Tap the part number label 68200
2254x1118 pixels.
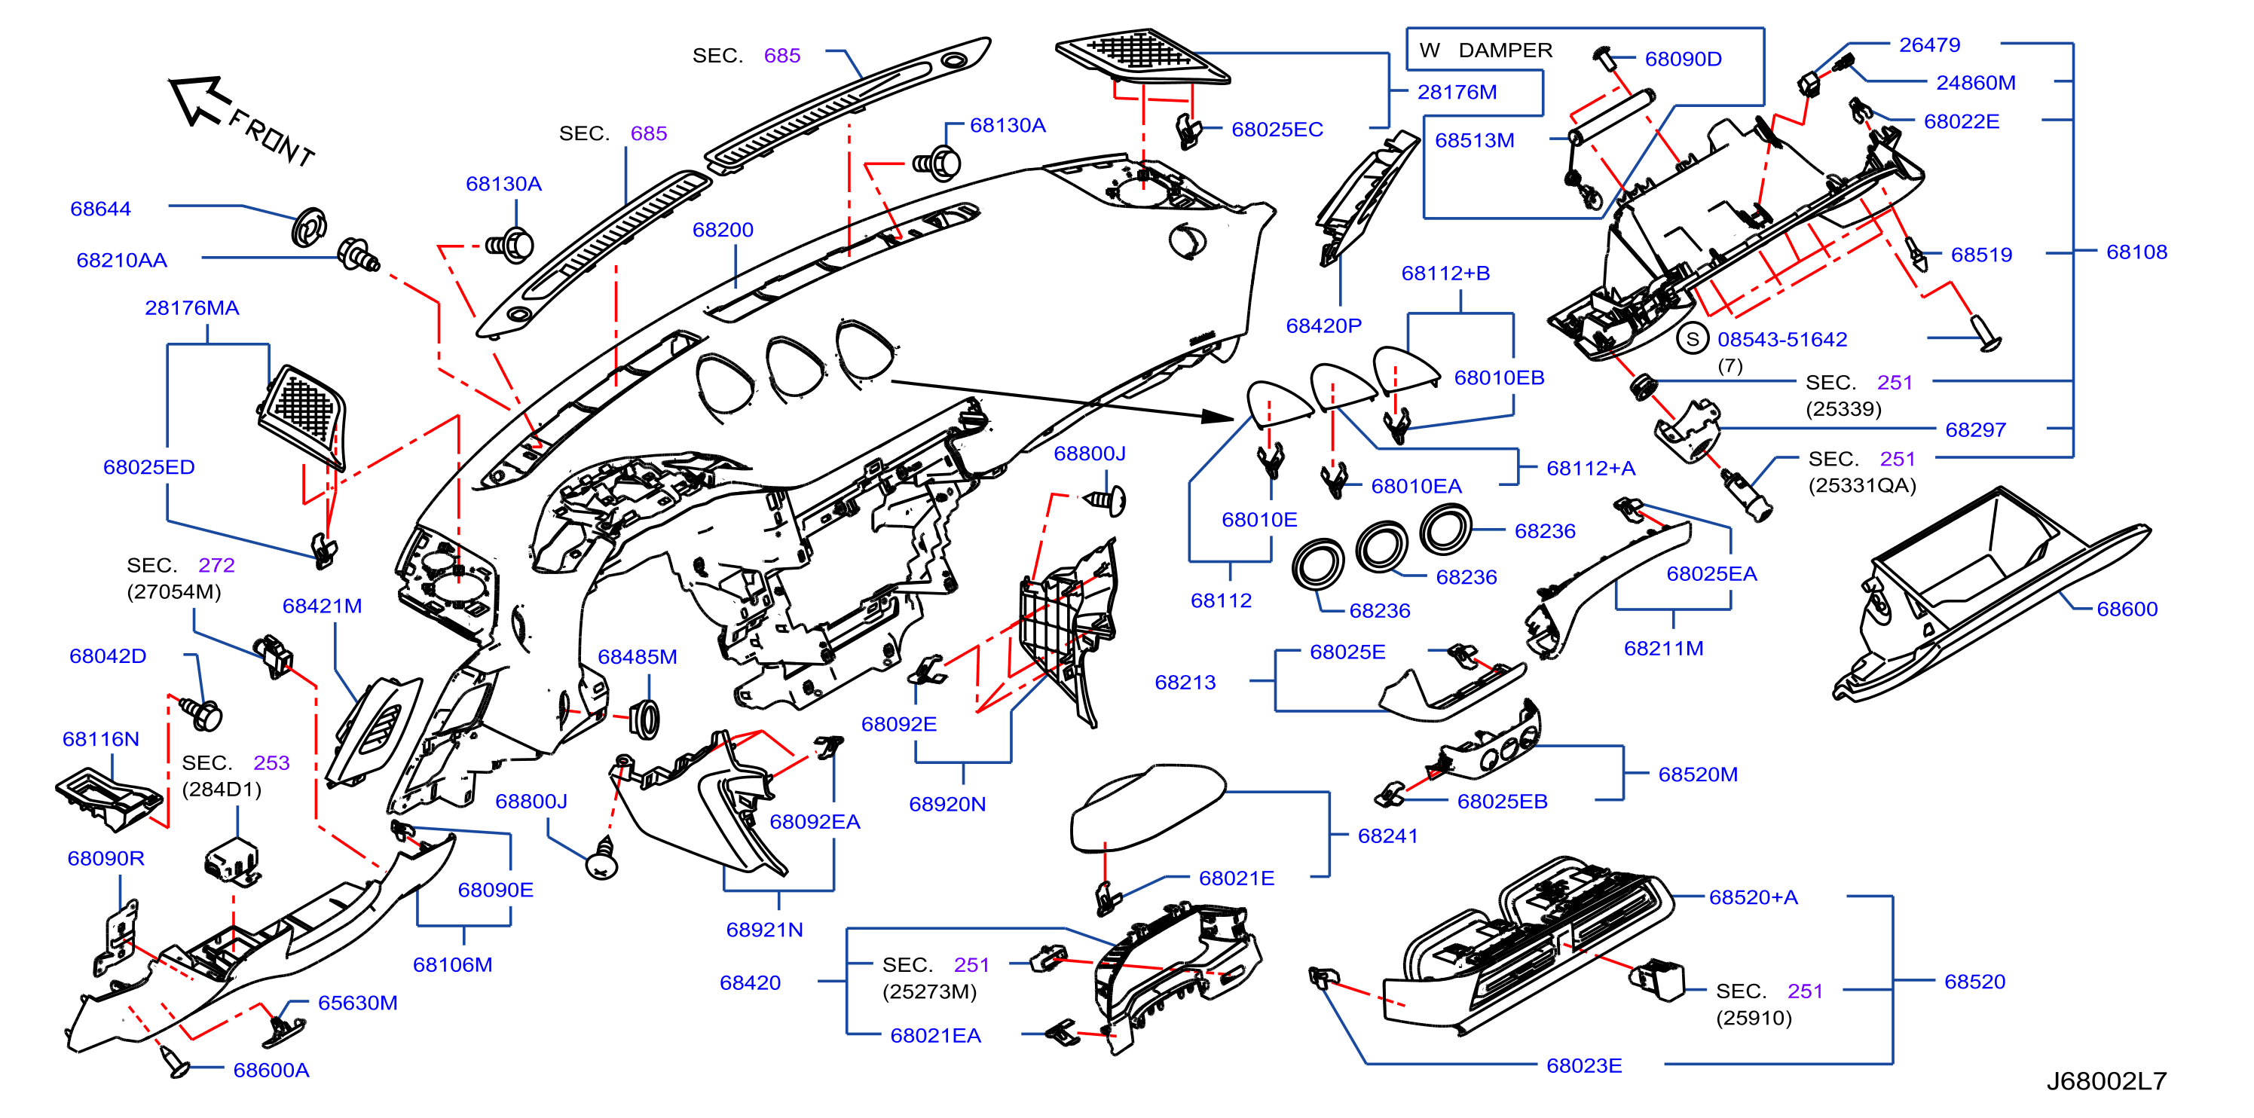[723, 230]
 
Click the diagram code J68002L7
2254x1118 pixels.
[2106, 1081]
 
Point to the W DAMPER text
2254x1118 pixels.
[1486, 50]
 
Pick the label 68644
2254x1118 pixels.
[101, 209]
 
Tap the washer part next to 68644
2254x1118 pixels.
[309, 228]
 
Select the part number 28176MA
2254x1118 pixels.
[191, 308]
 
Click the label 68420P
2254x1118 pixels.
[1324, 325]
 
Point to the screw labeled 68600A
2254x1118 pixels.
[174, 1061]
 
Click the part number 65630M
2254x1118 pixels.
[358, 1003]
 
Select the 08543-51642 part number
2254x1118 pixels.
[1782, 340]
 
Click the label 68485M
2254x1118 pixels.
[637, 657]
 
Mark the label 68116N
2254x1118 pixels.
[101, 739]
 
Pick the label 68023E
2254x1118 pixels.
[1585, 1065]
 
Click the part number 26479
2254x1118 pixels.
[1929, 44]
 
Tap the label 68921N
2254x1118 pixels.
[765, 930]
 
